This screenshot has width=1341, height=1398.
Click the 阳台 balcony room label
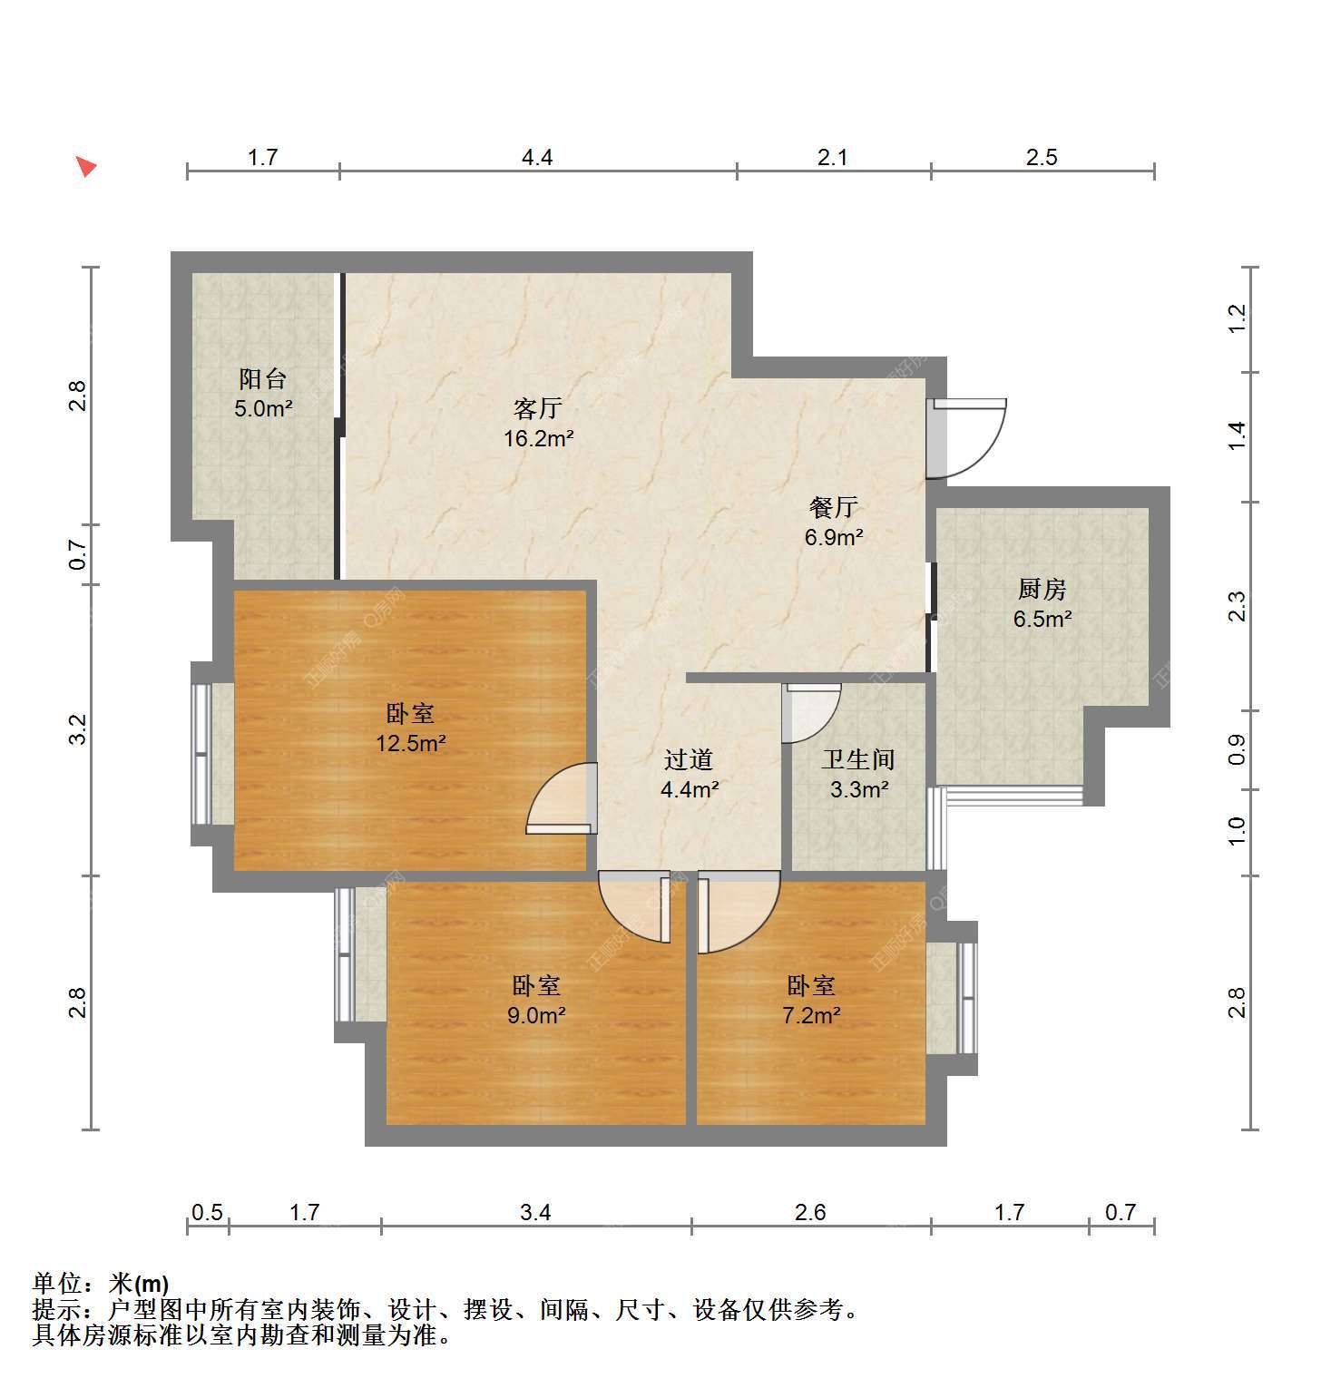tap(263, 378)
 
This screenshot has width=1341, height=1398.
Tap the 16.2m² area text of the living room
tap(539, 439)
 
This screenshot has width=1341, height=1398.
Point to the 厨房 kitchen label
tap(1042, 589)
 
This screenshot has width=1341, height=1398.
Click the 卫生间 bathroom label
tap(858, 758)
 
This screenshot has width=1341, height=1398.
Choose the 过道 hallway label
tap(689, 758)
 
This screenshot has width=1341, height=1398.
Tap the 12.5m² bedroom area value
tap(411, 744)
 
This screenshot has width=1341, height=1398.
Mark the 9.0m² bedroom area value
tap(536, 1015)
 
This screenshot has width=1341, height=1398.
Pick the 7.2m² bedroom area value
tap(811, 1015)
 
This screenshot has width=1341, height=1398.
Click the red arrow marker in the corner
tap(85, 166)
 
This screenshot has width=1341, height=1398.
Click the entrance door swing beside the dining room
tap(967, 439)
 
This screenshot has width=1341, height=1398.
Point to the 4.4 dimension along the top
tap(537, 157)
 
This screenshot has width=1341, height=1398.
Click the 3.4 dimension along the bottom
tap(536, 1212)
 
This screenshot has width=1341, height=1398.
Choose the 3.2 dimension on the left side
tap(79, 729)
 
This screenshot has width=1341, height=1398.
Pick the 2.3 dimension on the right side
tap(1238, 606)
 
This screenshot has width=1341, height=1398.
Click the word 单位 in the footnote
tap(58, 1284)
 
